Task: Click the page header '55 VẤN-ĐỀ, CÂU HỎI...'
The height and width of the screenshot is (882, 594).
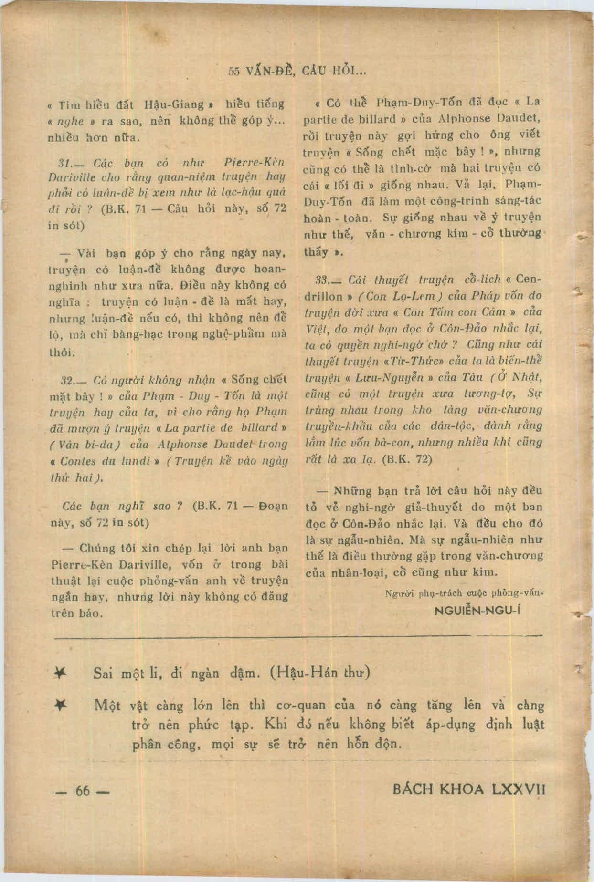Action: click(x=297, y=71)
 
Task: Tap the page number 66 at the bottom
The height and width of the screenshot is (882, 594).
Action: click(x=83, y=790)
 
